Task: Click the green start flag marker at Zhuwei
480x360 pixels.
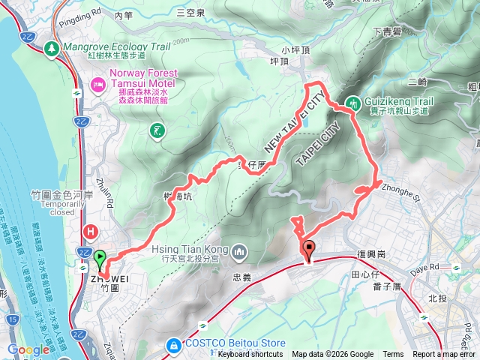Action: coord(100,259)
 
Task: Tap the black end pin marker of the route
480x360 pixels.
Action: coord(308,250)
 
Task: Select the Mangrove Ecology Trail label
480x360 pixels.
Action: coord(118,46)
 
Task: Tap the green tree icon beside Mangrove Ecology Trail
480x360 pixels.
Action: coord(52,48)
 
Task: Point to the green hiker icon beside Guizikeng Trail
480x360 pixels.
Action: coord(352,103)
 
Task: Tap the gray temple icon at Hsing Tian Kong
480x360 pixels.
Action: coord(239,250)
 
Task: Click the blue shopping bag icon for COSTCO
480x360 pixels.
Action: coord(173,346)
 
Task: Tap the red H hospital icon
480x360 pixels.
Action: coord(91,231)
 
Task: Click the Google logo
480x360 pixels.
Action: coord(28,349)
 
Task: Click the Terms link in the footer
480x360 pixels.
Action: coord(393,355)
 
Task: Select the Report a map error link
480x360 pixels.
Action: coord(445,355)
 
